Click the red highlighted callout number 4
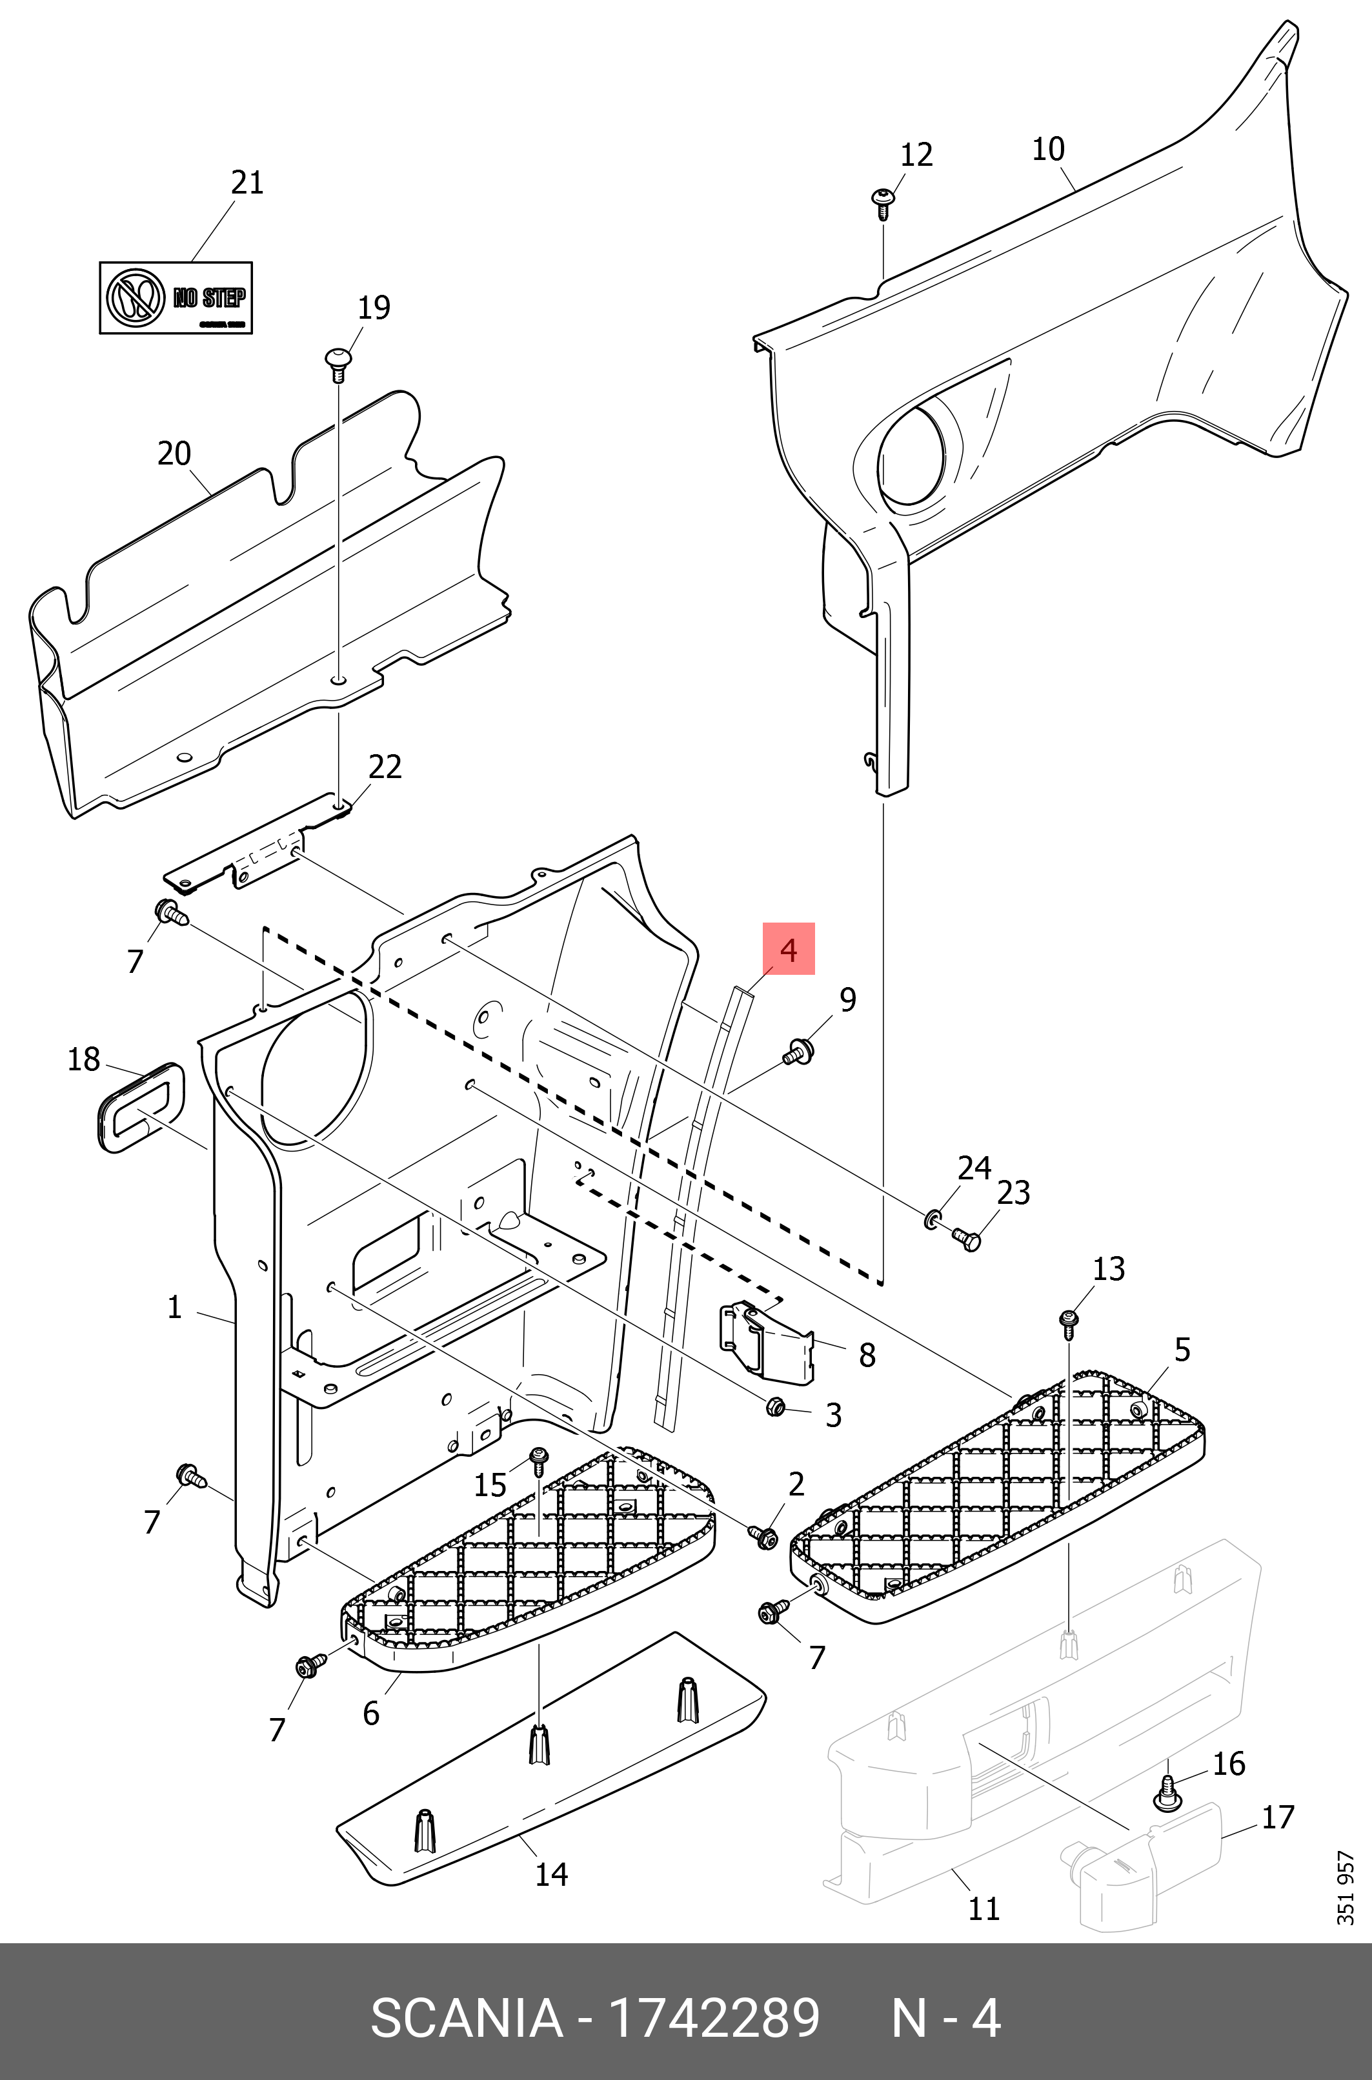tap(789, 949)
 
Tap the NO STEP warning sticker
tap(176, 297)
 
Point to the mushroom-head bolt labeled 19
tap(338, 362)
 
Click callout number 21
tap(247, 183)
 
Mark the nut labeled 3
tap(775, 1406)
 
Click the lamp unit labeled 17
tap(1146, 1863)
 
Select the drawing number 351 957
tap(1345, 1888)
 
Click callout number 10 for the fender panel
tap(1047, 150)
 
